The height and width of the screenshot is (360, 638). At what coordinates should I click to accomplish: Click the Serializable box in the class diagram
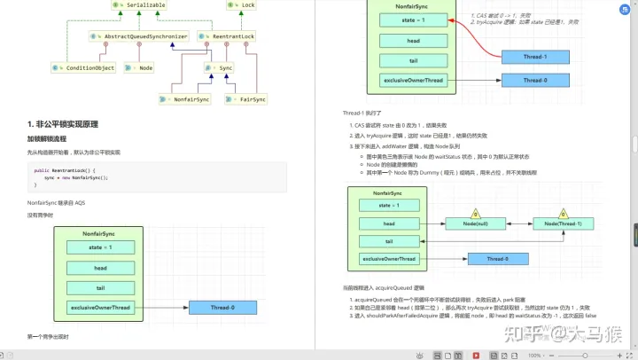click(141, 6)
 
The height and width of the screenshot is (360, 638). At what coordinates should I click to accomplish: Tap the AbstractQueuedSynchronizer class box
click(140, 36)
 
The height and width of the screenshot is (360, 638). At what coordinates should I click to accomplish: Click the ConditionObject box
click(85, 67)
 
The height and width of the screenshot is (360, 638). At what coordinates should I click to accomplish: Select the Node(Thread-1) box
click(563, 224)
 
